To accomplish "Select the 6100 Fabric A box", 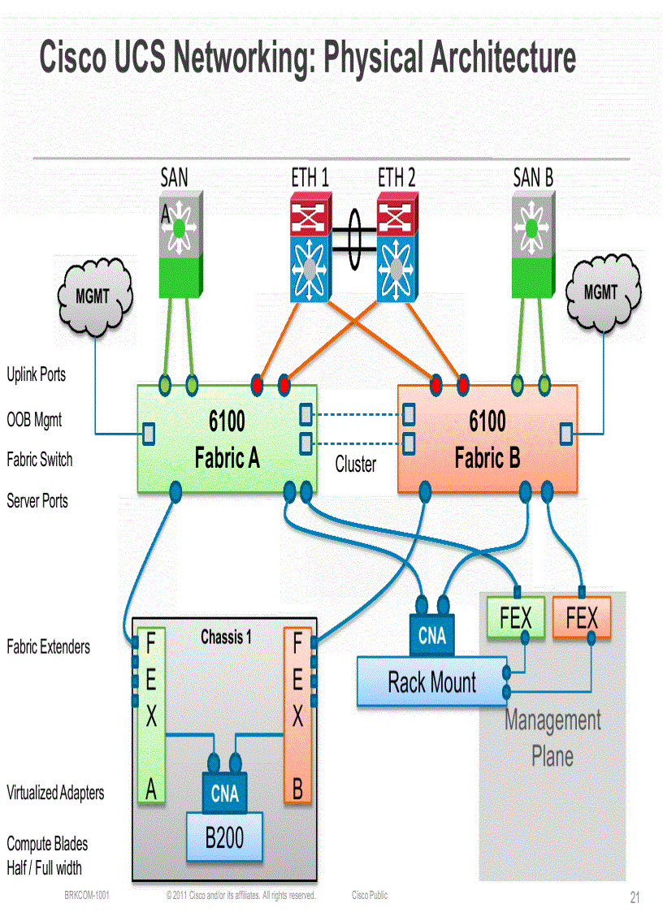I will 227,439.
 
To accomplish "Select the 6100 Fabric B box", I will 487,439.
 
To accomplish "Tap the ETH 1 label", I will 310,177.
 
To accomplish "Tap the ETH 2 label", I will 396,177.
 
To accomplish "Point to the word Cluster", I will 356,465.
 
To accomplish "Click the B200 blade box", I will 224,837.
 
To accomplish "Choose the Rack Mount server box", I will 431,682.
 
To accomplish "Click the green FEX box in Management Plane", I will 515,619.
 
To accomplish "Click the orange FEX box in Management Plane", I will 582,619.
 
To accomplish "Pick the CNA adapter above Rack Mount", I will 432,634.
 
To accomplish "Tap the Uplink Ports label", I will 37,375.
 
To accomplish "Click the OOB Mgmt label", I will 34,421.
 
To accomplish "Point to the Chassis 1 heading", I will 226,638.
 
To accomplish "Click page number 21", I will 635,897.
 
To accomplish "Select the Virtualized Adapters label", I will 55,793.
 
